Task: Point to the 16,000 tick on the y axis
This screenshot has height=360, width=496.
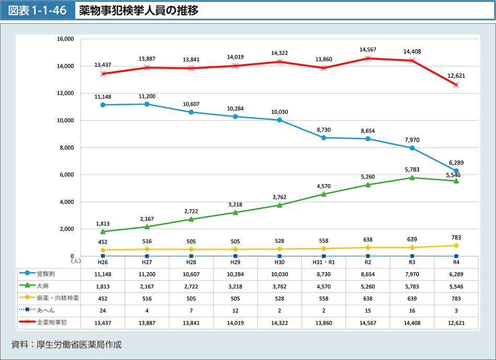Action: [x=66, y=39]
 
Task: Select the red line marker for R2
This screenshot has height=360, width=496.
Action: [x=368, y=59]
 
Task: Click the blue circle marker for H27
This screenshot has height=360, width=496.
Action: [x=147, y=104]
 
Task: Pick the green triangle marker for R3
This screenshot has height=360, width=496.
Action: [x=412, y=178]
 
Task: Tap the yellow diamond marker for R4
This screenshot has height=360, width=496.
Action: [x=456, y=246]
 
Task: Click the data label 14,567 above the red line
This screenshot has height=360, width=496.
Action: [x=368, y=50]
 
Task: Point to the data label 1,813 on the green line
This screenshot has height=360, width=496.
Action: [x=103, y=224]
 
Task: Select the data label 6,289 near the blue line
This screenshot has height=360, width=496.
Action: [x=456, y=163]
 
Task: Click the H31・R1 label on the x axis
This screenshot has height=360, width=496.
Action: [x=324, y=262]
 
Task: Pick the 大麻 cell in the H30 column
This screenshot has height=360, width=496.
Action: [x=280, y=286]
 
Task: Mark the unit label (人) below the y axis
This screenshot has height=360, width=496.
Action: [x=76, y=259]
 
